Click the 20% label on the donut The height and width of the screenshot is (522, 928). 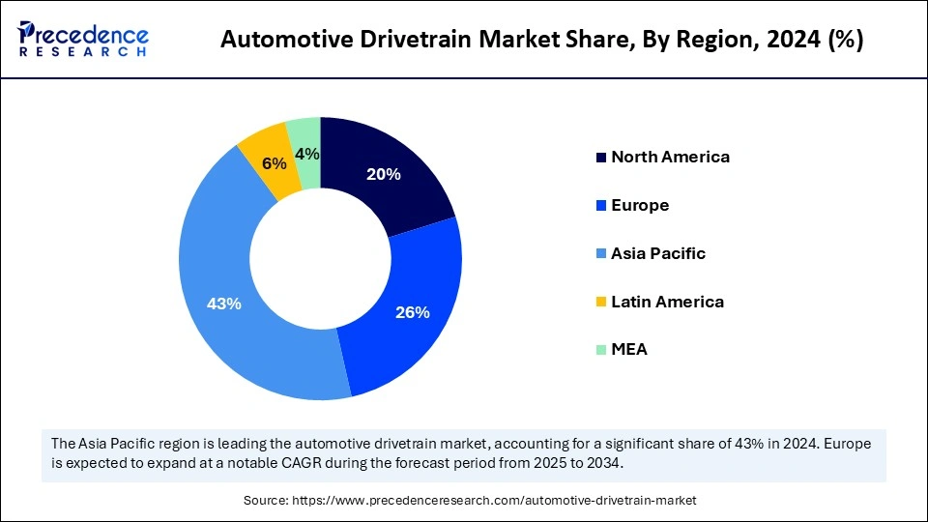coord(384,175)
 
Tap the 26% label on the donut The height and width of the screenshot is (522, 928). coord(412,312)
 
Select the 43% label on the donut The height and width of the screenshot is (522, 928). coord(224,304)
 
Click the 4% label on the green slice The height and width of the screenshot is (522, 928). coord(307,154)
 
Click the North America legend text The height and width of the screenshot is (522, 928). coord(670,157)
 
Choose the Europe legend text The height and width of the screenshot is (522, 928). coord(640,205)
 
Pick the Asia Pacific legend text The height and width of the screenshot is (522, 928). coord(658,253)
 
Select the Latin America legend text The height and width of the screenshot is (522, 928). coord(667,302)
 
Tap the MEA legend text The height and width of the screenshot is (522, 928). coord(629,350)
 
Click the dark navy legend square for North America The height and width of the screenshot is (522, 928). coord(601,158)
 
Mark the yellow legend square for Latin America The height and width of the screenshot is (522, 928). coord(601,303)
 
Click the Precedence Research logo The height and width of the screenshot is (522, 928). coord(83,40)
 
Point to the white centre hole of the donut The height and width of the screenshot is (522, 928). coord(320,258)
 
